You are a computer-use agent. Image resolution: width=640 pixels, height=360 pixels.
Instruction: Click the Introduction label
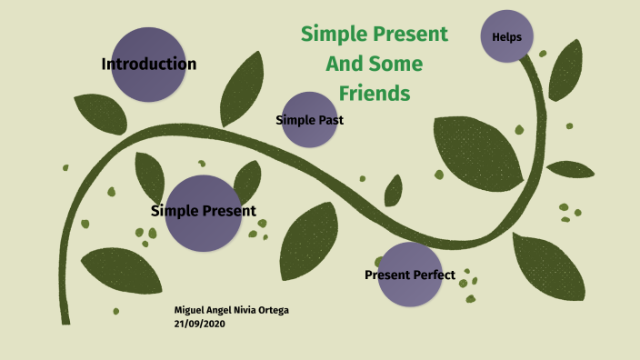[x=148, y=65]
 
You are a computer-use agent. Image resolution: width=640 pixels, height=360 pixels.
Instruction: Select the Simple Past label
[x=309, y=120]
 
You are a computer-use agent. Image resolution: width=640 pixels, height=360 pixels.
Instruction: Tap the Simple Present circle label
[x=203, y=211]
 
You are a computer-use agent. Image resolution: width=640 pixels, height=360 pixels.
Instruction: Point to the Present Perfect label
[x=409, y=275]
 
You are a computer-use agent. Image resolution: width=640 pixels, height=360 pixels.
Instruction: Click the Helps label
[x=506, y=37]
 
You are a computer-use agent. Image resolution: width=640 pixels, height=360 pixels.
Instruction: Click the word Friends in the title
[x=375, y=93]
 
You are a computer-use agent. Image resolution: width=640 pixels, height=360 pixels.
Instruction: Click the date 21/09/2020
[x=199, y=324]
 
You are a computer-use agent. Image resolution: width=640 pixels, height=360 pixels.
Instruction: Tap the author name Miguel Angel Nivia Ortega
[x=233, y=311]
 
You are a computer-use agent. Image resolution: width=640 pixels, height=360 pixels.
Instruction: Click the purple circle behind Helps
[x=506, y=23]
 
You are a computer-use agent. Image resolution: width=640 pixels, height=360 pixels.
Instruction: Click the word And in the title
[x=344, y=64]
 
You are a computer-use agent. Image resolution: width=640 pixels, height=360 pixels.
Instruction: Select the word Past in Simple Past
[x=330, y=120]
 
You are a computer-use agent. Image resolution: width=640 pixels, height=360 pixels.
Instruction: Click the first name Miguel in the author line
[x=189, y=311]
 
